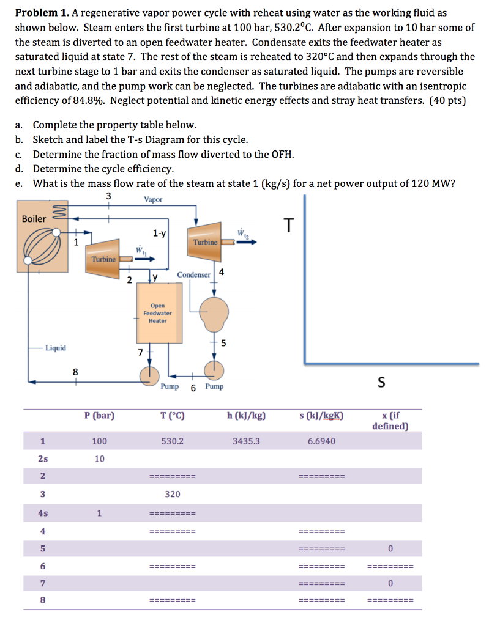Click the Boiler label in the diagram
pyautogui.click(x=34, y=218)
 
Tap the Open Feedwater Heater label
pyautogui.click(x=157, y=313)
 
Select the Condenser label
pyautogui.click(x=193, y=275)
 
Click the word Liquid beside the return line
pyautogui.click(x=56, y=348)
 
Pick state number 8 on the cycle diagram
pyautogui.click(x=75, y=371)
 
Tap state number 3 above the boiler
pyautogui.click(x=109, y=196)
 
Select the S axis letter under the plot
pyautogui.click(x=381, y=383)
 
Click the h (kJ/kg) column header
pyautogui.click(x=246, y=416)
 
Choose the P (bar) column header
pyautogui.click(x=99, y=416)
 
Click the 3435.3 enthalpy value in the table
pyautogui.click(x=246, y=440)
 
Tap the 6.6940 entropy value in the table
pyautogui.click(x=321, y=440)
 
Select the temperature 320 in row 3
pyautogui.click(x=173, y=494)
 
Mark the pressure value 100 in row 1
pyautogui.click(x=99, y=440)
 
